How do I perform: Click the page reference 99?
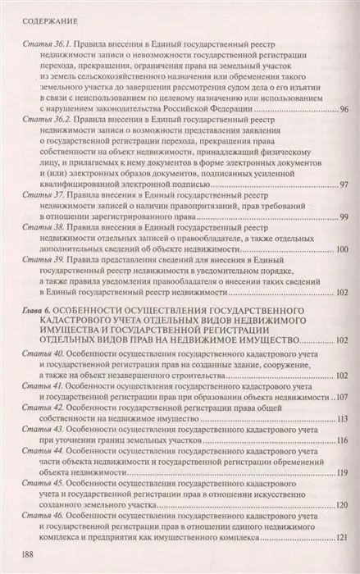[344, 216]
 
